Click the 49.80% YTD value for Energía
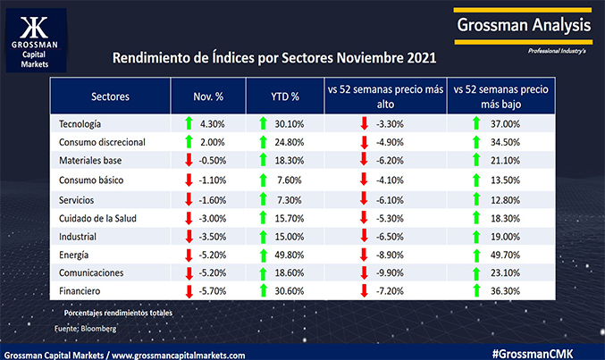tap(290, 254)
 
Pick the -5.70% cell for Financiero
tap(214, 290)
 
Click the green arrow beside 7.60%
tap(264, 179)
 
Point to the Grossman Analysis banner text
tap(523, 25)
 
